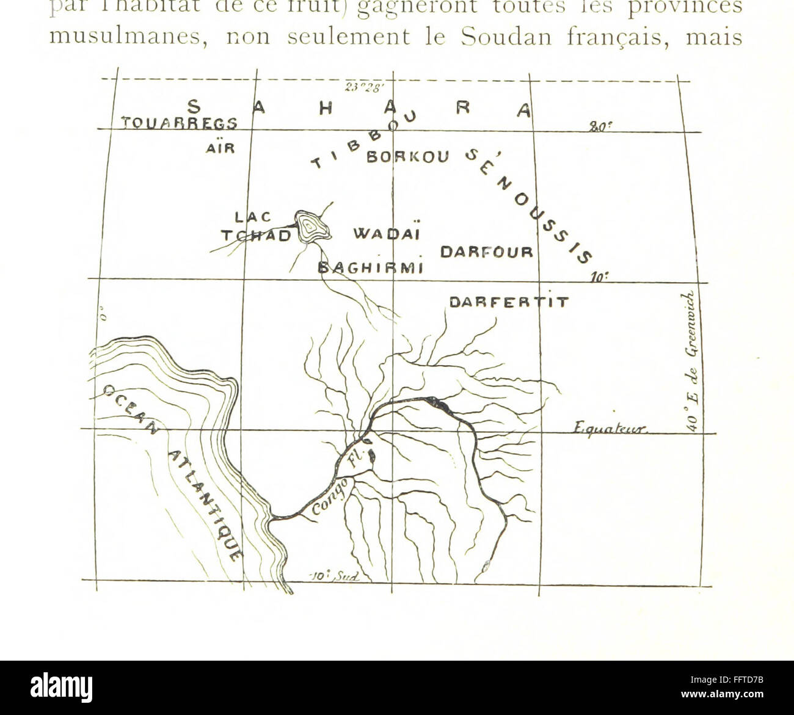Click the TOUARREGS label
pos(179,124)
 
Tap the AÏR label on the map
pos(221,148)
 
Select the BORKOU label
pos(407,157)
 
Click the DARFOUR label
pos(487,252)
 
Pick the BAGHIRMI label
pos(371,268)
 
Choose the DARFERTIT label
pos(509,302)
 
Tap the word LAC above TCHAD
pos(252,217)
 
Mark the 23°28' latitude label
pos(362,87)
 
